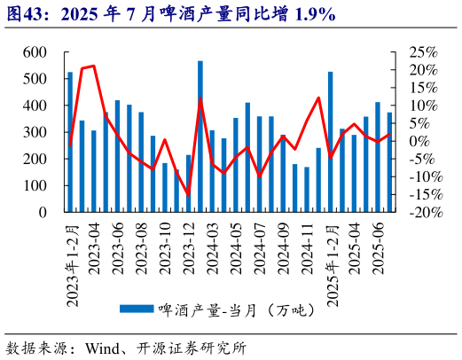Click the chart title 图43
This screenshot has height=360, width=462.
click(x=27, y=13)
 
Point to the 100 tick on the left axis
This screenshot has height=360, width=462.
click(x=35, y=186)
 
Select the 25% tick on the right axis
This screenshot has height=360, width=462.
click(x=418, y=52)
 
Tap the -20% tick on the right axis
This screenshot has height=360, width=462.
click(x=416, y=213)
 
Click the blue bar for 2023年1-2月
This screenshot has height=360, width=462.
click(x=70, y=142)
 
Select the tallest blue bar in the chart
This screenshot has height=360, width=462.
click(x=200, y=137)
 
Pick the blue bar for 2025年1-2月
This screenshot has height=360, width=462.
click(x=330, y=142)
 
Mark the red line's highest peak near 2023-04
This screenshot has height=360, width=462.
click(x=94, y=66)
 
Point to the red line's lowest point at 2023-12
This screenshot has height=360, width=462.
click(x=188, y=194)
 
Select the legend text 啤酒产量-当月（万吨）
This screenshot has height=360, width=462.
click(x=230, y=309)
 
